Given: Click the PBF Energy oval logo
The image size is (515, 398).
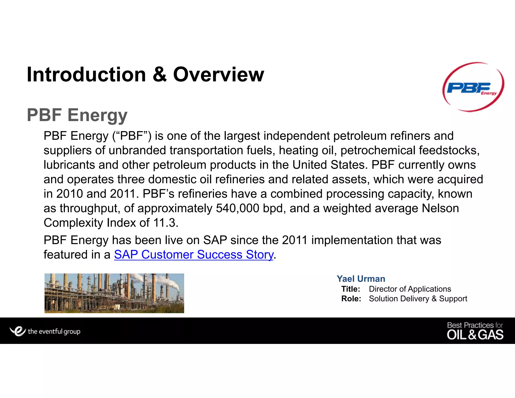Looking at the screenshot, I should click(473, 87).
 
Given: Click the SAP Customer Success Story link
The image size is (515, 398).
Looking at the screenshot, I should click(194, 255).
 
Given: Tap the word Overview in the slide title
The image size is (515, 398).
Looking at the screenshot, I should click(219, 75).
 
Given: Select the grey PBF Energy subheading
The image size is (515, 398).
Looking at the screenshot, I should click(77, 115).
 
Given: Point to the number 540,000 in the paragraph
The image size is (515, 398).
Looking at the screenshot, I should click(237, 208).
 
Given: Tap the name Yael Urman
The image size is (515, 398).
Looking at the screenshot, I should click(361, 279).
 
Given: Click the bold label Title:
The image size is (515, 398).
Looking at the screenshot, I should click(351, 289).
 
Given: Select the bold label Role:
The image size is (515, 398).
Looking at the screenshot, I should click(351, 299).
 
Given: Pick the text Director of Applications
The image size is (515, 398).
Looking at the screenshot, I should click(410, 289).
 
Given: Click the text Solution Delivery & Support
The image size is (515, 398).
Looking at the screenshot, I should click(418, 299).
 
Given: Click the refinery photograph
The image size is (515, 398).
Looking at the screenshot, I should click(114, 293).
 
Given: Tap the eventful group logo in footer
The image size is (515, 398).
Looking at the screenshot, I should click(45, 331).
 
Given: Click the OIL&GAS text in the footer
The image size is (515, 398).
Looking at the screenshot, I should click(475, 335).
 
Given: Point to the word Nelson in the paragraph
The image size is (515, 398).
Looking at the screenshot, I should click(440, 208).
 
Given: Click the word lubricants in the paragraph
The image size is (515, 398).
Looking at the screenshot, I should click(69, 165).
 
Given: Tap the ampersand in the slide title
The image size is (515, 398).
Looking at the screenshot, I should click(159, 75).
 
